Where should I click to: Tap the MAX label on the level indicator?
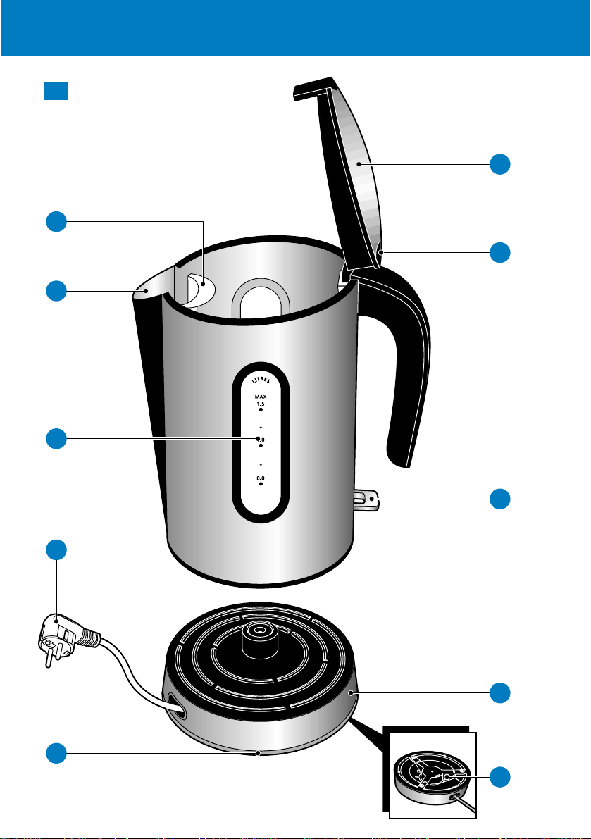coord(261,397)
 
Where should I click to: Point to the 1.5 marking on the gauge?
coord(261,404)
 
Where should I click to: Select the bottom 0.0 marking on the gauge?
coord(261,478)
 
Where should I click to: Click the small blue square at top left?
coord(56,92)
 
